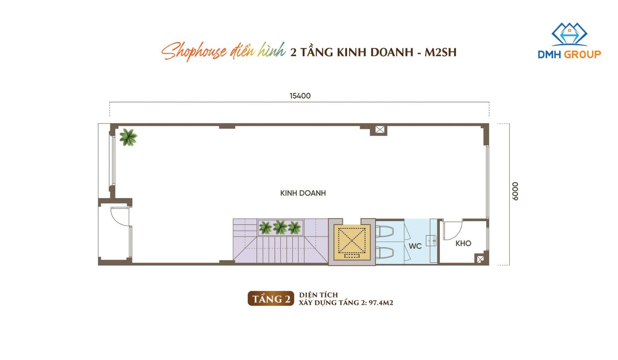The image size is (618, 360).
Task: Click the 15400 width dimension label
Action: (x=300, y=96)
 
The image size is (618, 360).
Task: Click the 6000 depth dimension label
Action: (x=515, y=191)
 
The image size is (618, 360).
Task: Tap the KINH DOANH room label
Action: (x=303, y=193)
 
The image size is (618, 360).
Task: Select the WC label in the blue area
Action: (x=415, y=246)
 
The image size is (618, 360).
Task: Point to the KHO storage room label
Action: (x=463, y=243)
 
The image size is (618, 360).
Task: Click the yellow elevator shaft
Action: (x=352, y=242)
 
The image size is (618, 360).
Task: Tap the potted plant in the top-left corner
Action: (x=128, y=137)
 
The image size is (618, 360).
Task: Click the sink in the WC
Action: (x=431, y=241)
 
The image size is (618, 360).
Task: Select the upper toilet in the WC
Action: (x=384, y=231)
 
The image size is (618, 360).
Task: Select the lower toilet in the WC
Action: (x=384, y=253)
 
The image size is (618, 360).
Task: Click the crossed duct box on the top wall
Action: (x=380, y=129)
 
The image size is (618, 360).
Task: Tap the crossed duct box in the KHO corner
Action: (x=480, y=259)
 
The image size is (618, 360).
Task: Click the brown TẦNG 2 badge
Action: (x=271, y=299)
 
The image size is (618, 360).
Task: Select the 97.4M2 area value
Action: (x=381, y=302)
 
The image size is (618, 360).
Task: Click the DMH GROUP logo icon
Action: (x=569, y=34)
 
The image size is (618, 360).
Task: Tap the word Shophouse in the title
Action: (x=194, y=51)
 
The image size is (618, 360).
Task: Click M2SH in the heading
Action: (x=440, y=52)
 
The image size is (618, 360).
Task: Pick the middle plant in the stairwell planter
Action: (x=280, y=227)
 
